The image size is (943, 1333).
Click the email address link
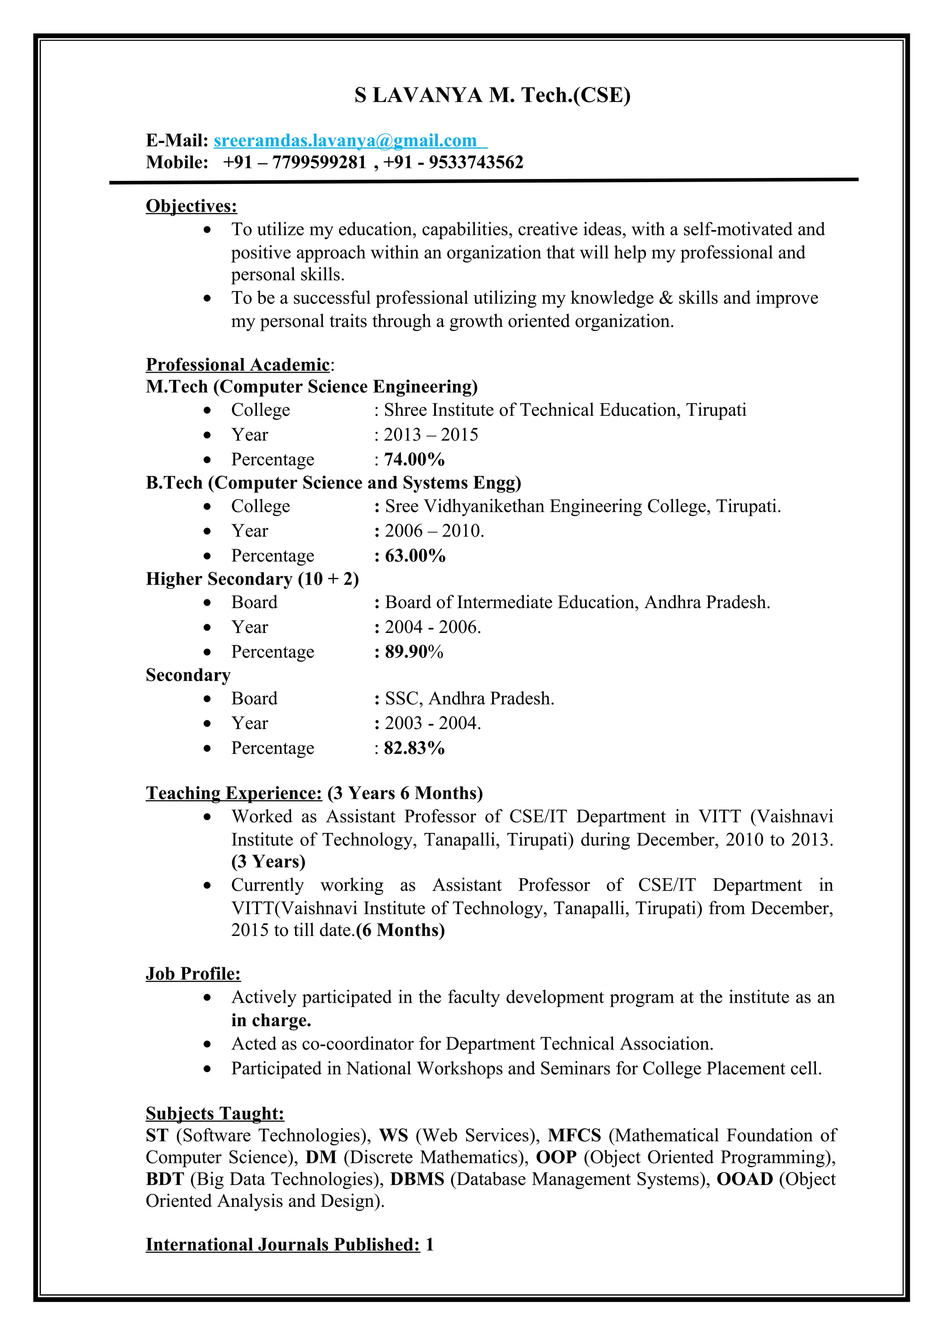click(x=345, y=140)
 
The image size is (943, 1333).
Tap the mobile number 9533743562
click(x=476, y=162)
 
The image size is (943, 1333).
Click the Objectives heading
click(x=191, y=206)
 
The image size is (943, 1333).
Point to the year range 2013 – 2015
click(x=431, y=435)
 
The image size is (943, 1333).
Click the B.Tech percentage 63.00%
click(x=415, y=556)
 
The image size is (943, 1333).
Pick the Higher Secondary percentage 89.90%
click(x=413, y=652)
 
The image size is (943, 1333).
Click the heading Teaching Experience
click(x=233, y=793)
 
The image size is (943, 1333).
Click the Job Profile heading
click(x=193, y=974)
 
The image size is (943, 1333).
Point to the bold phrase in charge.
click(x=271, y=1020)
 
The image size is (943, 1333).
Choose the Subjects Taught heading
click(x=215, y=1114)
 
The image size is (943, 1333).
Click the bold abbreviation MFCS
click(x=574, y=1136)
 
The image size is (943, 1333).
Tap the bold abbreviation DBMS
click(x=417, y=1179)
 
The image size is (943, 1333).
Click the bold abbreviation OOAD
click(x=744, y=1179)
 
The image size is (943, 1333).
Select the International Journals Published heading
click(x=282, y=1245)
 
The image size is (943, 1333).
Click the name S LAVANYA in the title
click(x=419, y=95)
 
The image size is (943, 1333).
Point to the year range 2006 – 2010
click(x=433, y=531)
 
